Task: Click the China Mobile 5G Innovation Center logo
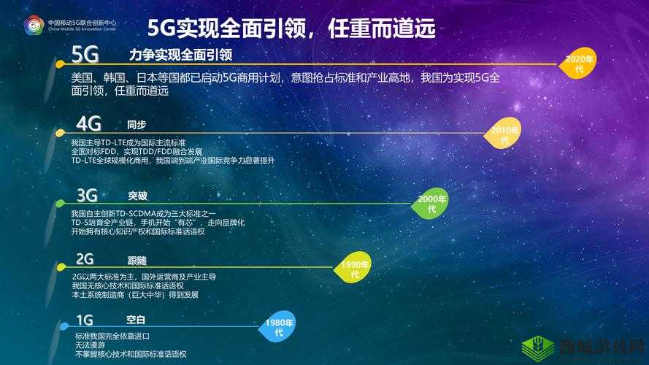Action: point(34,26)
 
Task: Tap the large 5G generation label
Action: point(85,55)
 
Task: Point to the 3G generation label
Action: point(87,195)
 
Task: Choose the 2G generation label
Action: point(85,259)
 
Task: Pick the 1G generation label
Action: point(85,320)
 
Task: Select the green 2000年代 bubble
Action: point(431,204)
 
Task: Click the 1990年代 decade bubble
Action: point(355,269)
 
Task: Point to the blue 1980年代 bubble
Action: point(279,328)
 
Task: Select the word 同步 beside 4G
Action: point(137,125)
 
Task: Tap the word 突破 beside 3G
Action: point(137,196)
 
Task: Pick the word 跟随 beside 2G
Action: point(137,260)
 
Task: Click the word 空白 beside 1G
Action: point(136,320)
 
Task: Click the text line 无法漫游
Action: point(90,345)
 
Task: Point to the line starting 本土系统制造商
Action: point(135,295)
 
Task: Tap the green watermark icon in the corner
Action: point(540,347)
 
